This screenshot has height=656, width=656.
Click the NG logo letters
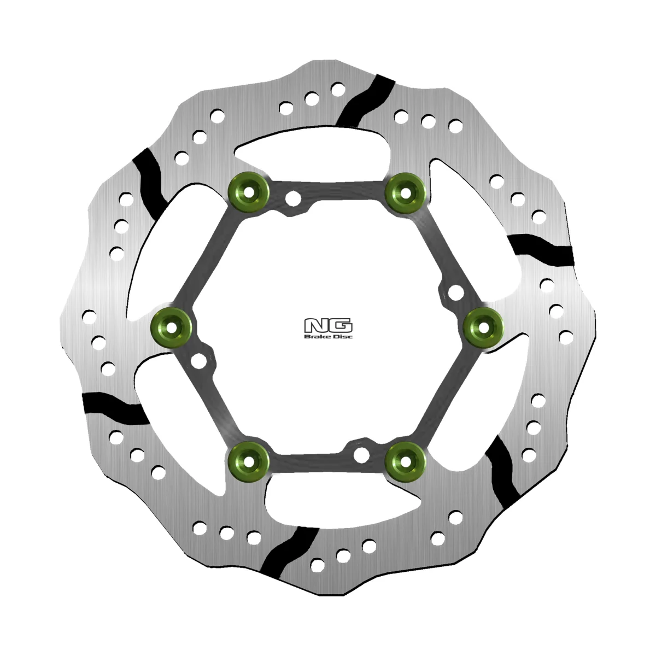tap(328, 325)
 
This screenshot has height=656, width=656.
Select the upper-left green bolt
tap(249, 192)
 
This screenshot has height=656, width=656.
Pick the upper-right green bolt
tap(405, 192)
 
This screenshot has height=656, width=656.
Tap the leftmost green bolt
tap(171, 327)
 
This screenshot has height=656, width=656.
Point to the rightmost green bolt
tap(483, 327)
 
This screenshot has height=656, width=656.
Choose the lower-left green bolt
tap(249, 462)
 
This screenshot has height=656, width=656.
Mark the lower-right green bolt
tap(406, 462)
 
